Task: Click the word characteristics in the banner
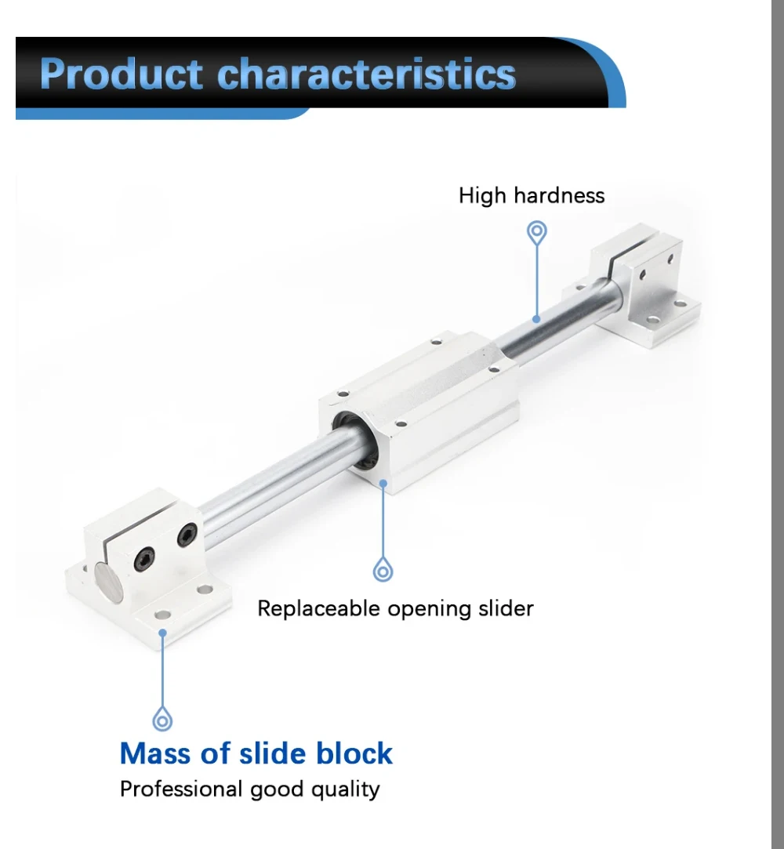pos(366,74)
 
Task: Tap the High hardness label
pos(532,195)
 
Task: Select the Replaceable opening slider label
pos(395,608)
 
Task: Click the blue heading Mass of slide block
pos(256,753)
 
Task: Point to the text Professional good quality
pos(249,789)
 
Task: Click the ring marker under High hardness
pos(537,232)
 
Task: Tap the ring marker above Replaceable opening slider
pos(383,571)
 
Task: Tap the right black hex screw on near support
pos(186,536)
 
